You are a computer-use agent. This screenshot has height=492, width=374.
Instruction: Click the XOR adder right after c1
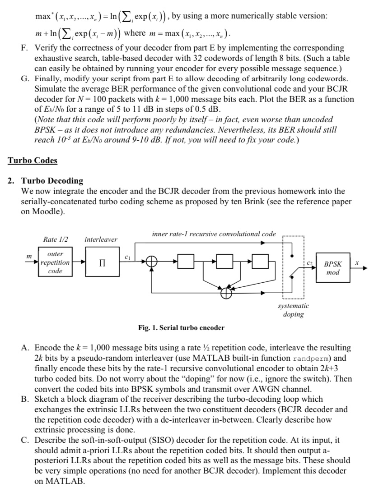[x=152, y=262]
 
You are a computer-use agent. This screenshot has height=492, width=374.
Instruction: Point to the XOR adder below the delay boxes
[x=224, y=293]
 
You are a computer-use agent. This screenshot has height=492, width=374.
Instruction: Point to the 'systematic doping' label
[x=293, y=310]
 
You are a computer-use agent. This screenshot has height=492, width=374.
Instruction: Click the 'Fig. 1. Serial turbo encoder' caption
[x=181, y=328]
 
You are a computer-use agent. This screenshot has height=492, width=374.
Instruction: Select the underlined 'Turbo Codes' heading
[x=33, y=160]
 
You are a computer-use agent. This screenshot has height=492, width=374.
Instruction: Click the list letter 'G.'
[x=25, y=78]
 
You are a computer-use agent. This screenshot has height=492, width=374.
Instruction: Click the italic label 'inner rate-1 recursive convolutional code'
[x=214, y=234]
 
